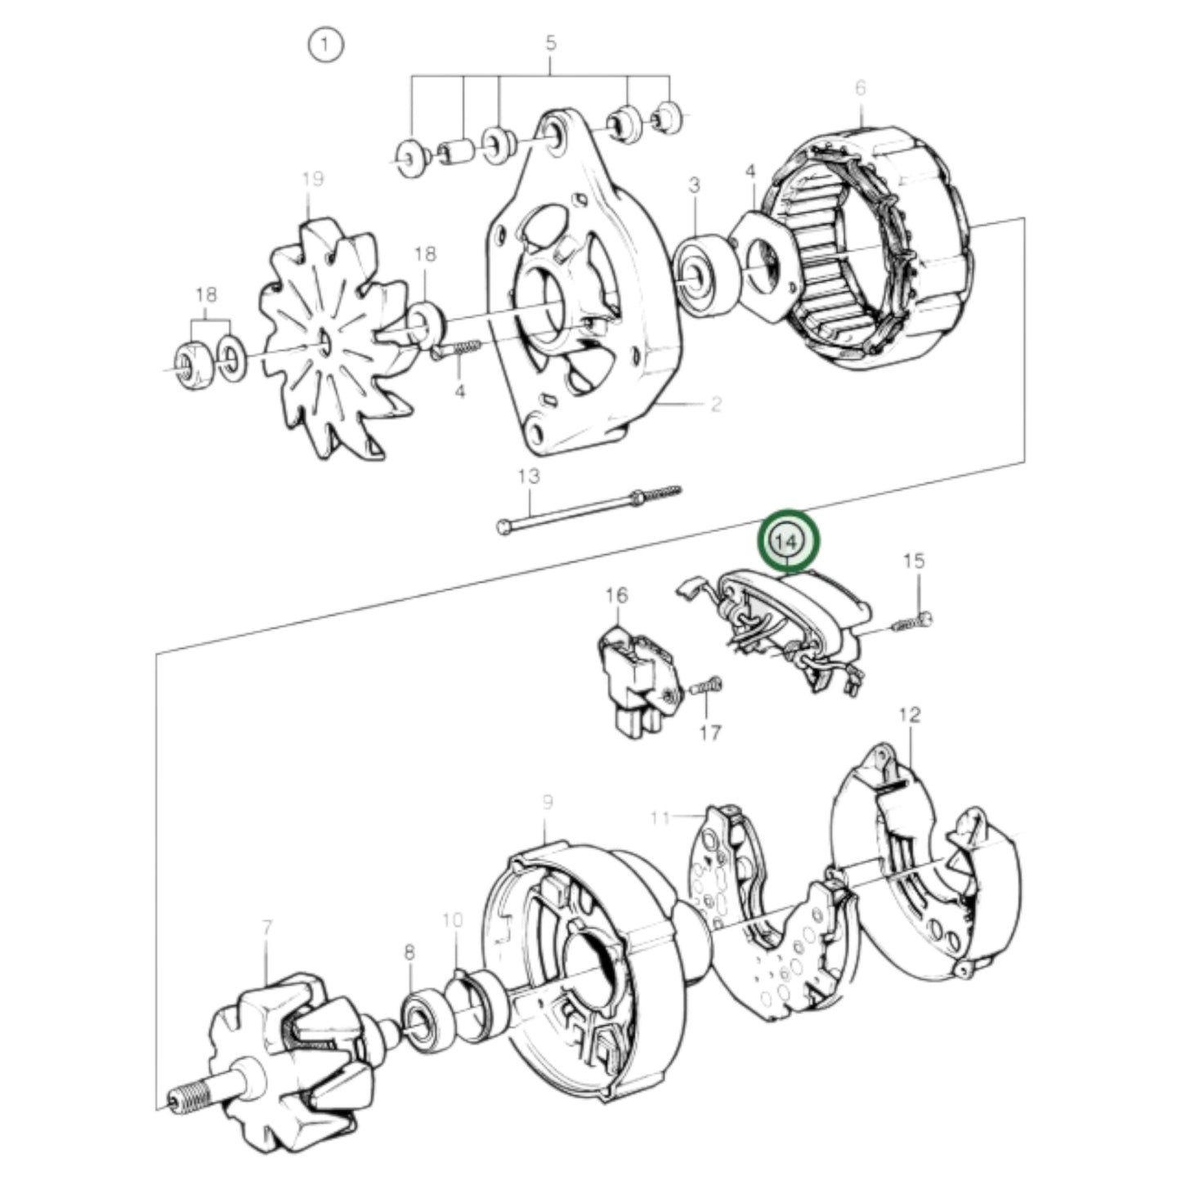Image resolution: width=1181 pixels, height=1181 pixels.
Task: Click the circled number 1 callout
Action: coord(325,46)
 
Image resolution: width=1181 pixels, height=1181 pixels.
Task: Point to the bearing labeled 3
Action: coord(700,274)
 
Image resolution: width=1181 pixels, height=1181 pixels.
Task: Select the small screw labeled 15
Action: coord(912,621)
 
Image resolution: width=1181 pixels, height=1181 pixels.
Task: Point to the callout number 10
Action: coord(453,921)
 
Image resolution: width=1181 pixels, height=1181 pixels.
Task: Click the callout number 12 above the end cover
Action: coord(909,715)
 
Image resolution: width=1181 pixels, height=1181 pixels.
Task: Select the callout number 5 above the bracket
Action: coord(550,42)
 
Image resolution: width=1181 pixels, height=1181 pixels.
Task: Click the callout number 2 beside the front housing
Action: coord(716,404)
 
